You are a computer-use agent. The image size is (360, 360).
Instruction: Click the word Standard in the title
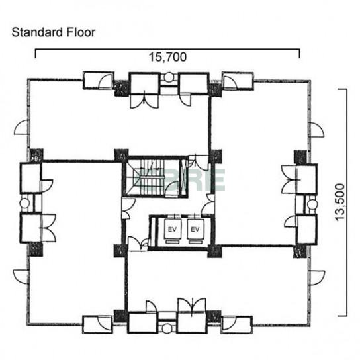[37, 32]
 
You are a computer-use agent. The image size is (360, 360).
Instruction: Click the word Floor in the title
[81, 32]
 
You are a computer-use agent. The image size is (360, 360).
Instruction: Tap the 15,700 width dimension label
[167, 57]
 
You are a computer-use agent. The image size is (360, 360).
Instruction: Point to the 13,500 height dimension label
[340, 202]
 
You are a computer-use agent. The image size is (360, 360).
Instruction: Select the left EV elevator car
[173, 229]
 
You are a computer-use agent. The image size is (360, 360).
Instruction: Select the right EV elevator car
[195, 229]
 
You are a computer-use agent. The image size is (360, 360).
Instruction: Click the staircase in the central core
[152, 177]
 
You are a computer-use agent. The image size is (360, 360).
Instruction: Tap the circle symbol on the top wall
[169, 77]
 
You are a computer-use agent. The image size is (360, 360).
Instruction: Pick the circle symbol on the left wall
[24, 203]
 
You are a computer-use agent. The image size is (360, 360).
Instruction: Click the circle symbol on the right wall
[312, 204]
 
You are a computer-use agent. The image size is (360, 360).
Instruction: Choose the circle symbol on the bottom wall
[167, 328]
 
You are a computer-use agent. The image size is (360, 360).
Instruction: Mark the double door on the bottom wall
[192, 306]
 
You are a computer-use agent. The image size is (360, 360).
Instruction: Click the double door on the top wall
[144, 101]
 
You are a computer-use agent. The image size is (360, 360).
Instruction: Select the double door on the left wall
[49, 228]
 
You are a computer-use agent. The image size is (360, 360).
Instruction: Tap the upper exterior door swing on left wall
[21, 128]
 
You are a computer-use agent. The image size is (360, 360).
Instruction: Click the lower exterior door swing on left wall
[21, 277]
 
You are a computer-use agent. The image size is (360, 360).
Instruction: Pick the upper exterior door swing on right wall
[316, 130]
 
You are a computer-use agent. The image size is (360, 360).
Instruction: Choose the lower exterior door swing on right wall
[317, 278]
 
